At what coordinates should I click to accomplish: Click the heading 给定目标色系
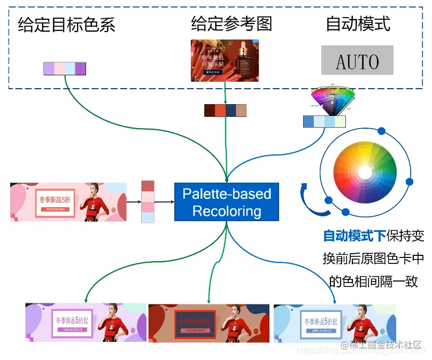[x=66, y=25]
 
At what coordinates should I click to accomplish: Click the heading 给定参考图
[x=232, y=24]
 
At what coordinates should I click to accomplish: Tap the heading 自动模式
[x=358, y=24]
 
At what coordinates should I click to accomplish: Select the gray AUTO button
[x=357, y=60]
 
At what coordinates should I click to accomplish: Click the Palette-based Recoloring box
[x=227, y=202]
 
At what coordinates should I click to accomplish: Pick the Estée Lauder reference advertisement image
[x=225, y=60]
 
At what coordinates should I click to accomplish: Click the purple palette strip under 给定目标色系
[x=65, y=68]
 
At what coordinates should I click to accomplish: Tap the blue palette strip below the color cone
[x=324, y=121]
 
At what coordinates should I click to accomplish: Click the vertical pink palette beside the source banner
[x=148, y=202]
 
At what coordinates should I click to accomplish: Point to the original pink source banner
[x=68, y=202]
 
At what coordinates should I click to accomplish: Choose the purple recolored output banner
[x=86, y=323]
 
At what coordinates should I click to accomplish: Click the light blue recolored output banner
[x=334, y=323]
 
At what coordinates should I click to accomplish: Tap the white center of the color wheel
[x=365, y=173]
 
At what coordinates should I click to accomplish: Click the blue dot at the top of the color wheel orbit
[x=381, y=131]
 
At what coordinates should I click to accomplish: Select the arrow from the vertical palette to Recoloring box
[x=164, y=202]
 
